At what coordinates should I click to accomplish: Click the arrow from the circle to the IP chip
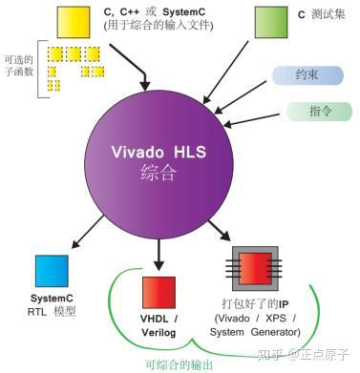218,231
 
